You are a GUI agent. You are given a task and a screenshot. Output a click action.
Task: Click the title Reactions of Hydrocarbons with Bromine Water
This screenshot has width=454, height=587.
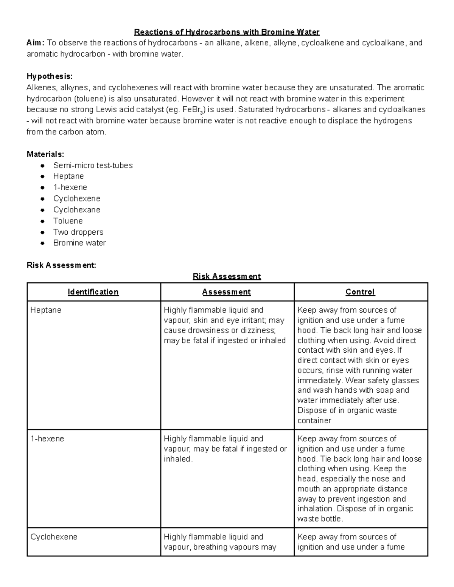click(227, 32)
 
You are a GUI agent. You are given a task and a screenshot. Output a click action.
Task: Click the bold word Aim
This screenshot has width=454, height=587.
click(35, 43)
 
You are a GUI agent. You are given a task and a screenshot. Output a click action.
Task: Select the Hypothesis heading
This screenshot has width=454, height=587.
click(50, 76)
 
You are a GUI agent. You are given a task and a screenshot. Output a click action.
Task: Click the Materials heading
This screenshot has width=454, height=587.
click(45, 154)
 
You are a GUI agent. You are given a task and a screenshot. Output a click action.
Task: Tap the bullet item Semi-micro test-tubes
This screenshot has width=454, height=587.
click(93, 165)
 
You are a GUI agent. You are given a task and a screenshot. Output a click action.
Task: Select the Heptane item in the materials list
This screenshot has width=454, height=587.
click(68, 176)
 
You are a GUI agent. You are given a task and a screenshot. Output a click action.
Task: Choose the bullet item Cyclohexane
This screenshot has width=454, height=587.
click(77, 210)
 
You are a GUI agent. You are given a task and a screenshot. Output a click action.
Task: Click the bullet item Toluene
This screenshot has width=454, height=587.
click(68, 221)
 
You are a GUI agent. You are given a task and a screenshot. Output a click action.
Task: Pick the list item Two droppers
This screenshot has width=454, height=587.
click(78, 232)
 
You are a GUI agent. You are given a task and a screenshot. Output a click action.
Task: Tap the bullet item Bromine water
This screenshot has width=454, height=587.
click(79, 243)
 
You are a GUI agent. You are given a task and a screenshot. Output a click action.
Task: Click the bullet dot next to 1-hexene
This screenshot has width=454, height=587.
click(43, 187)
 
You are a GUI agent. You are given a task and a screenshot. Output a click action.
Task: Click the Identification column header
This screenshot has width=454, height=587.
click(93, 292)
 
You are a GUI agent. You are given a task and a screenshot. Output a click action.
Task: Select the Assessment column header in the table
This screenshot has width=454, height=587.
click(226, 292)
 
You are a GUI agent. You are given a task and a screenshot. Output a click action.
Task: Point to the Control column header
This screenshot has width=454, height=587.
click(360, 292)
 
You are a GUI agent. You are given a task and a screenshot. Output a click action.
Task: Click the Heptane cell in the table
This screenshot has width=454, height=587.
click(46, 310)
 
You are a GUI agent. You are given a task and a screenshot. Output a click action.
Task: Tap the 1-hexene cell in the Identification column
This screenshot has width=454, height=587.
click(47, 439)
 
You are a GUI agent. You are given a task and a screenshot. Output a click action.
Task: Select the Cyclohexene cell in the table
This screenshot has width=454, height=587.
click(54, 537)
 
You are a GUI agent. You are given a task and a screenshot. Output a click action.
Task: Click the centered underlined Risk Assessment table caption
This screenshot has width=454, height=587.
click(227, 276)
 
